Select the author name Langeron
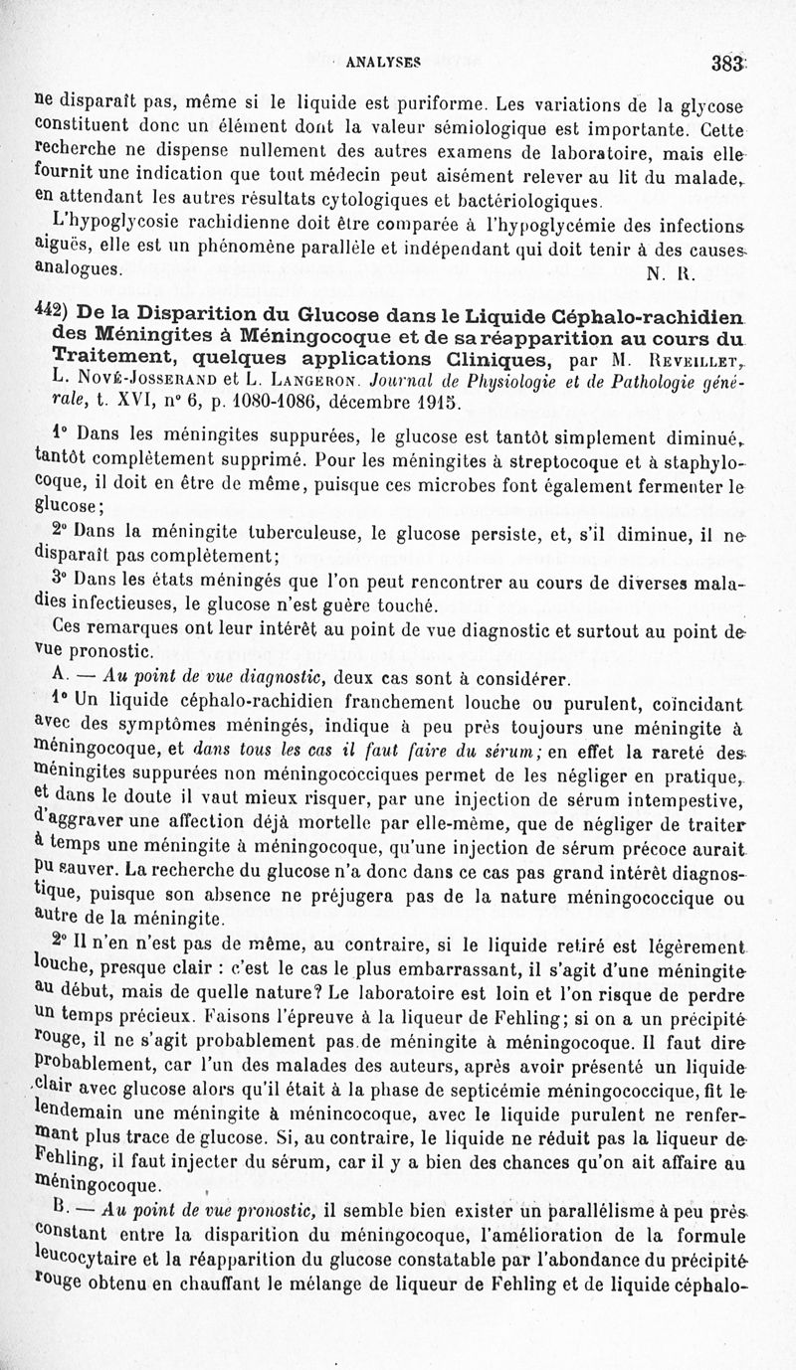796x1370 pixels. click(298, 381)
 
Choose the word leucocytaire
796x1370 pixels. click(87, 1259)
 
